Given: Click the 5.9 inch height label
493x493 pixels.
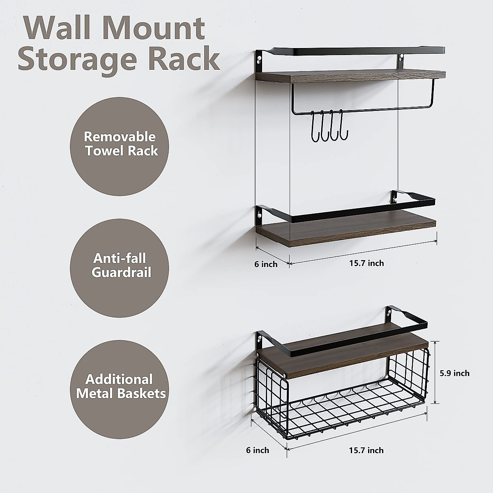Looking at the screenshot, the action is [x=454, y=373].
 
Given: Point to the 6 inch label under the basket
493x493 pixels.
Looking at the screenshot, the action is [x=258, y=450].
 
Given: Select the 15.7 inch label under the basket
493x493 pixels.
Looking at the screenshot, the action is [x=366, y=450].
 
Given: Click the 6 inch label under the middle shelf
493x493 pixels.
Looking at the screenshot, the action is [x=266, y=264].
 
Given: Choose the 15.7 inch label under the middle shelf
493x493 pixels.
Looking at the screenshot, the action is [x=366, y=263].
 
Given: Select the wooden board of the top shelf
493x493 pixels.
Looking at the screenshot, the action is [x=349, y=76].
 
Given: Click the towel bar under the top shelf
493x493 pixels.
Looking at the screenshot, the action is [x=353, y=110].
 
